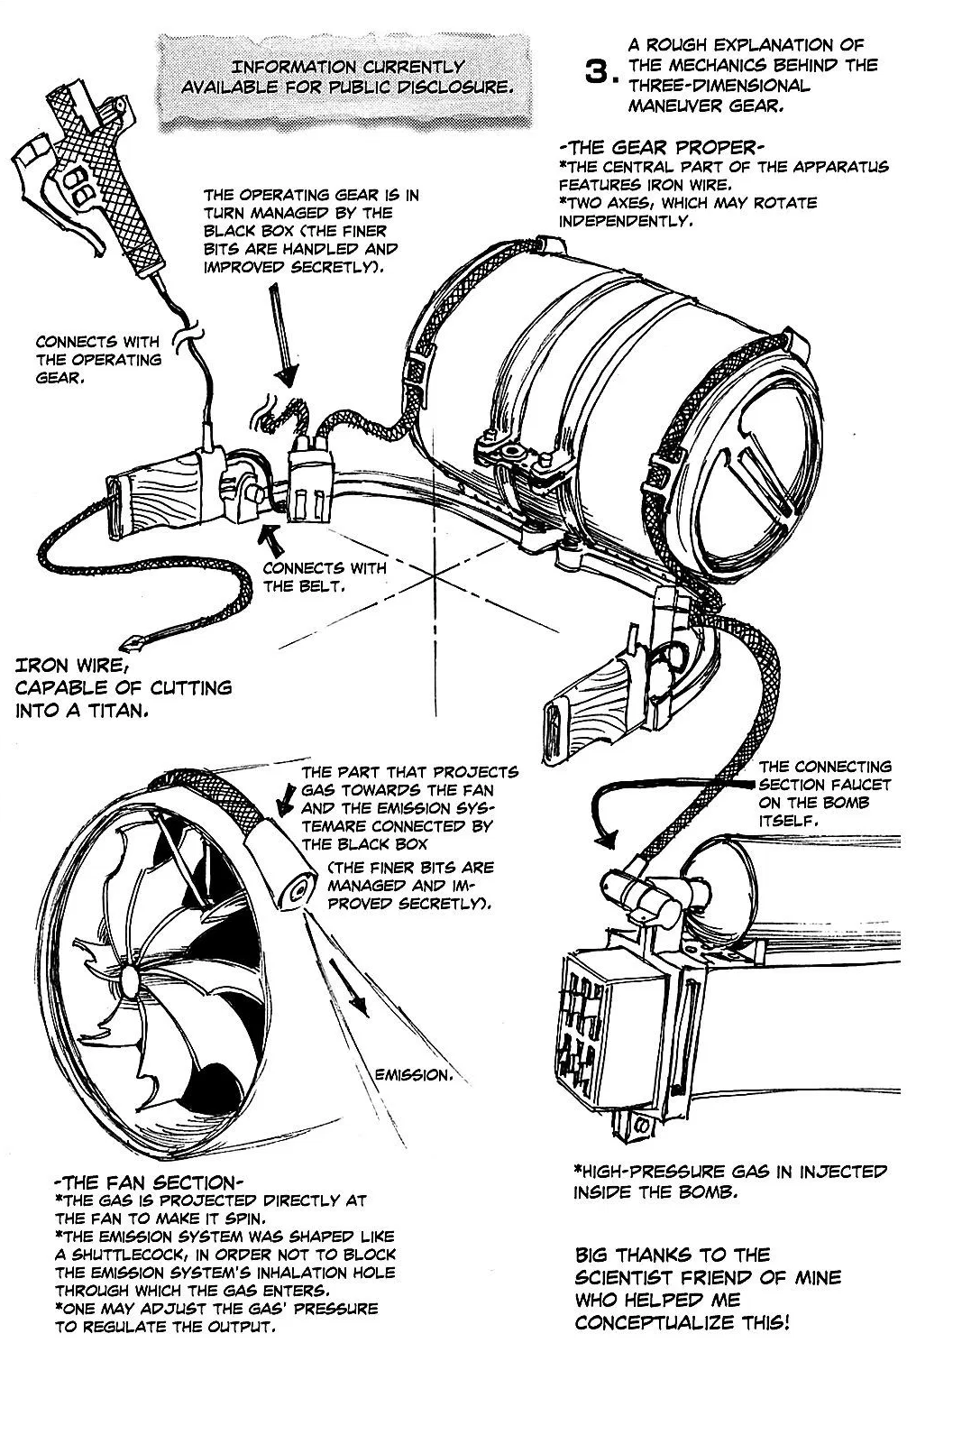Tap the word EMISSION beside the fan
point(412,1074)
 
